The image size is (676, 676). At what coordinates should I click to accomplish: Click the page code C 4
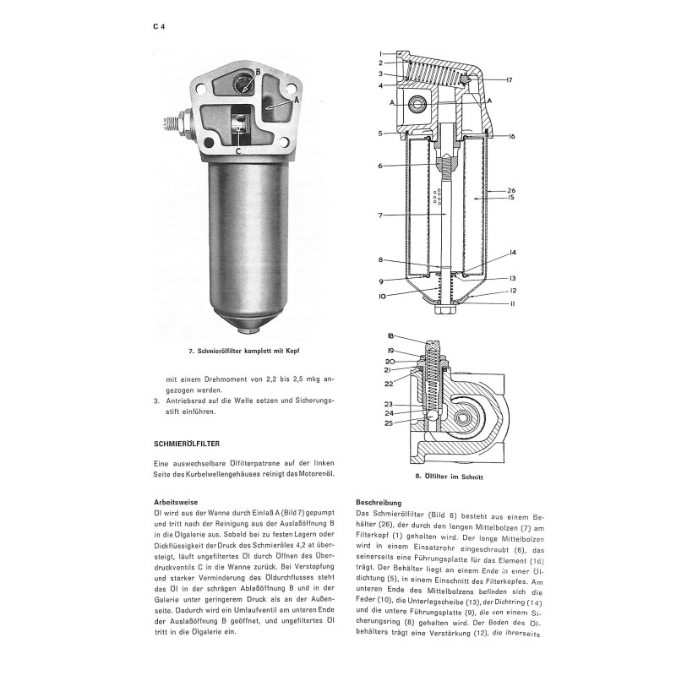(x=159, y=27)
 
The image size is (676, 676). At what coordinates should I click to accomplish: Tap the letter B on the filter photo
(x=258, y=72)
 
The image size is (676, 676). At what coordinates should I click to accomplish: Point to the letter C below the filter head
(x=238, y=151)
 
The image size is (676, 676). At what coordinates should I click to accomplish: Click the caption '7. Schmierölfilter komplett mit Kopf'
(x=244, y=351)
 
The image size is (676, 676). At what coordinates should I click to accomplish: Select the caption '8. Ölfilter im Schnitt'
(x=450, y=477)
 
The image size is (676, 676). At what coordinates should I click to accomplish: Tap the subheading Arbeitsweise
(x=176, y=502)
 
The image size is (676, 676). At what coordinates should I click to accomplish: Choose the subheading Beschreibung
(x=379, y=502)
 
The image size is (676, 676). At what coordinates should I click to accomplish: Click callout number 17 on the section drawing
(x=509, y=79)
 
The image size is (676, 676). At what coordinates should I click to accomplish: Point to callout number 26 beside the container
(x=511, y=190)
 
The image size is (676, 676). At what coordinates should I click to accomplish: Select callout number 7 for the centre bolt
(x=380, y=215)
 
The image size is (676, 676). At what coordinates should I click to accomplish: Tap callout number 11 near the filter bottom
(x=513, y=303)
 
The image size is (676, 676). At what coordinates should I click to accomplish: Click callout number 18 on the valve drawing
(x=390, y=335)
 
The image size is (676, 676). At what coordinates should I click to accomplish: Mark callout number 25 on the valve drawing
(x=389, y=423)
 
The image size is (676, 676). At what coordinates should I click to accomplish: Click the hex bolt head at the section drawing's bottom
(x=445, y=310)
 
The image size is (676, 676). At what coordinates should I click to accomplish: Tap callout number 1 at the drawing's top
(x=381, y=54)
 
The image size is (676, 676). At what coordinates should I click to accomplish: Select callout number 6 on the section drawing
(x=380, y=166)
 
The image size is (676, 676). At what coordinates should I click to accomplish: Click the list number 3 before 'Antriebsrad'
(x=156, y=401)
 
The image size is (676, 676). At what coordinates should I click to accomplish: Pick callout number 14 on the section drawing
(x=512, y=253)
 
